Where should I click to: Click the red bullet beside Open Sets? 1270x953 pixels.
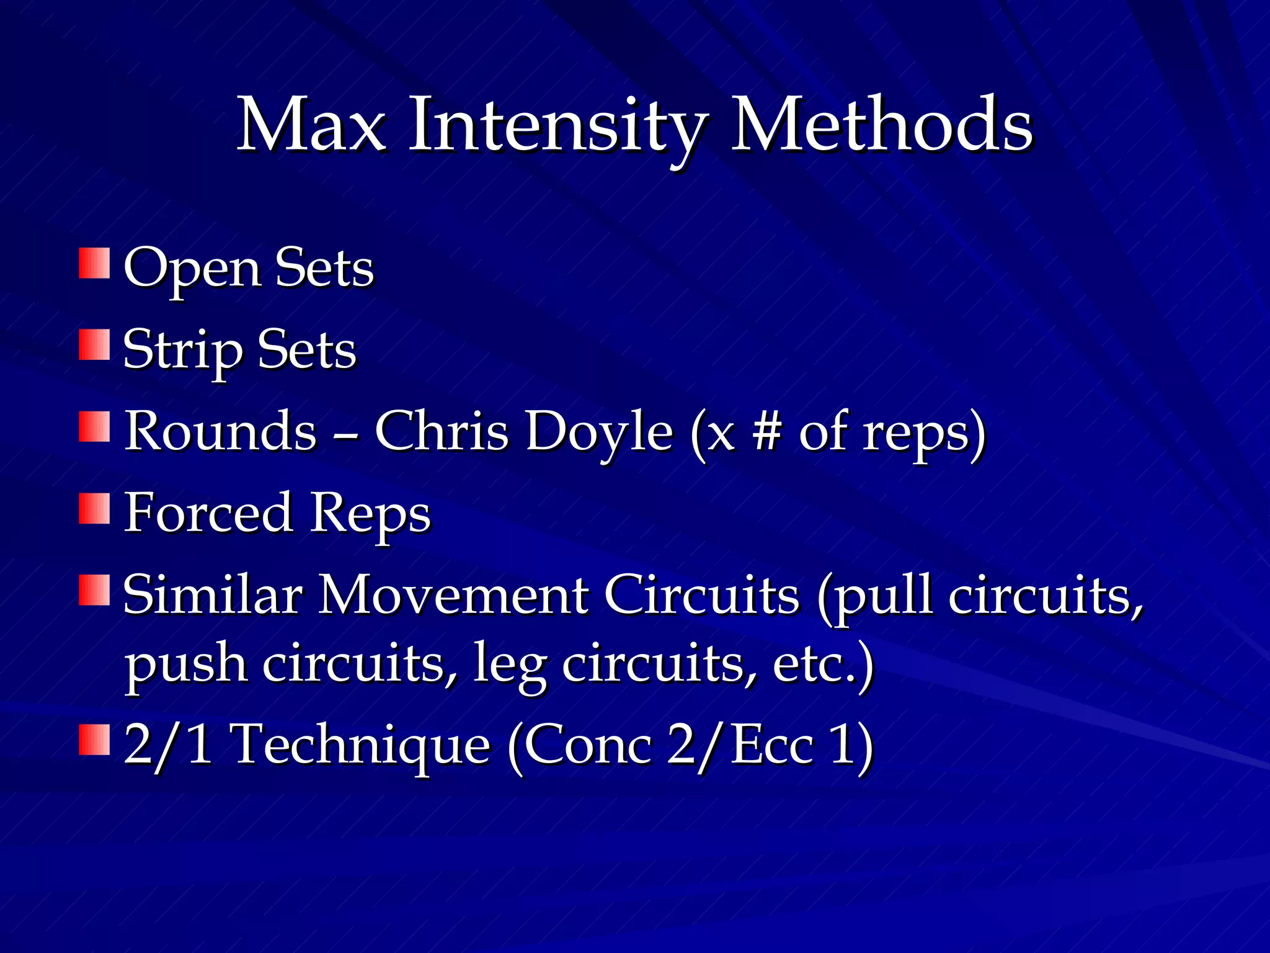pyautogui.click(x=94, y=263)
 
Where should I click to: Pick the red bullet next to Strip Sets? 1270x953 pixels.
pyautogui.click(x=94, y=345)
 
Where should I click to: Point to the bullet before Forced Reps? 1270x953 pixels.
pyautogui.click(x=94, y=509)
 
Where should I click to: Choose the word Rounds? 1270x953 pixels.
pyautogui.click(x=221, y=431)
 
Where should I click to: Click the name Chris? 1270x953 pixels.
pyautogui.click(x=441, y=431)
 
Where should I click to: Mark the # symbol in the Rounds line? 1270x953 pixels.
pyautogui.click(x=766, y=431)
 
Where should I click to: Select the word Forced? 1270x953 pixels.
pyautogui.click(x=208, y=512)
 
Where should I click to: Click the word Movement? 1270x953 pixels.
pyautogui.click(x=453, y=594)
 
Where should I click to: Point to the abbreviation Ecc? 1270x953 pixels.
pyautogui.click(x=772, y=745)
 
